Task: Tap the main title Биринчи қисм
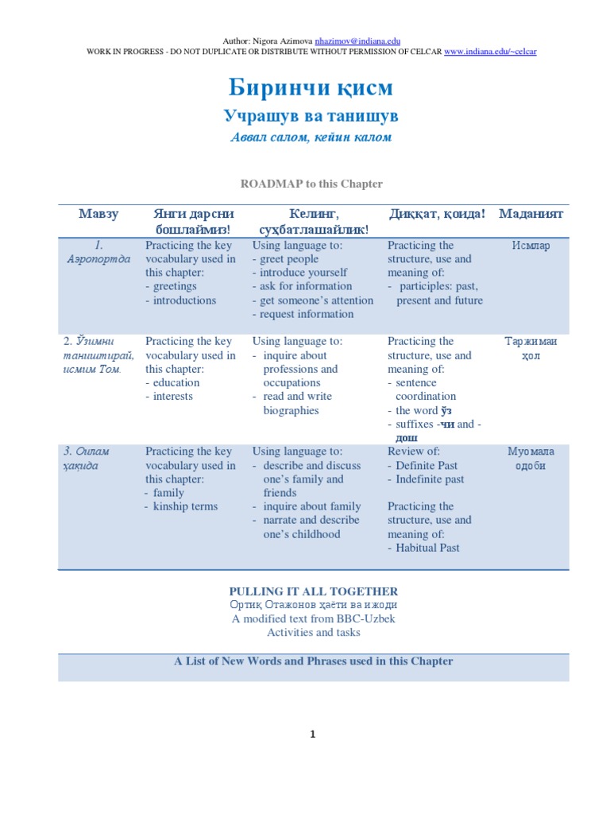(311, 87)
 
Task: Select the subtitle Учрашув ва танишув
(311, 117)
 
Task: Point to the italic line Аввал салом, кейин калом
(311, 138)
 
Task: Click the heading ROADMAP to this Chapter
(311, 184)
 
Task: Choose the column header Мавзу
(98, 214)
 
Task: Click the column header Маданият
(531, 214)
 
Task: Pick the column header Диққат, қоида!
(437, 214)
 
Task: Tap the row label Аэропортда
(98, 260)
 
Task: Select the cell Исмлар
(531, 246)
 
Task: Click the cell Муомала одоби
(531, 459)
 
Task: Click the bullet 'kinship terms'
(186, 506)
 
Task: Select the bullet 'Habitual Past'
(428, 548)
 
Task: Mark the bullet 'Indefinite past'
(430, 479)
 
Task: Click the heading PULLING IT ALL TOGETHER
(314, 591)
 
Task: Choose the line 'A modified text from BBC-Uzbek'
(314, 619)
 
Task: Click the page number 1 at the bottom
(313, 735)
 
